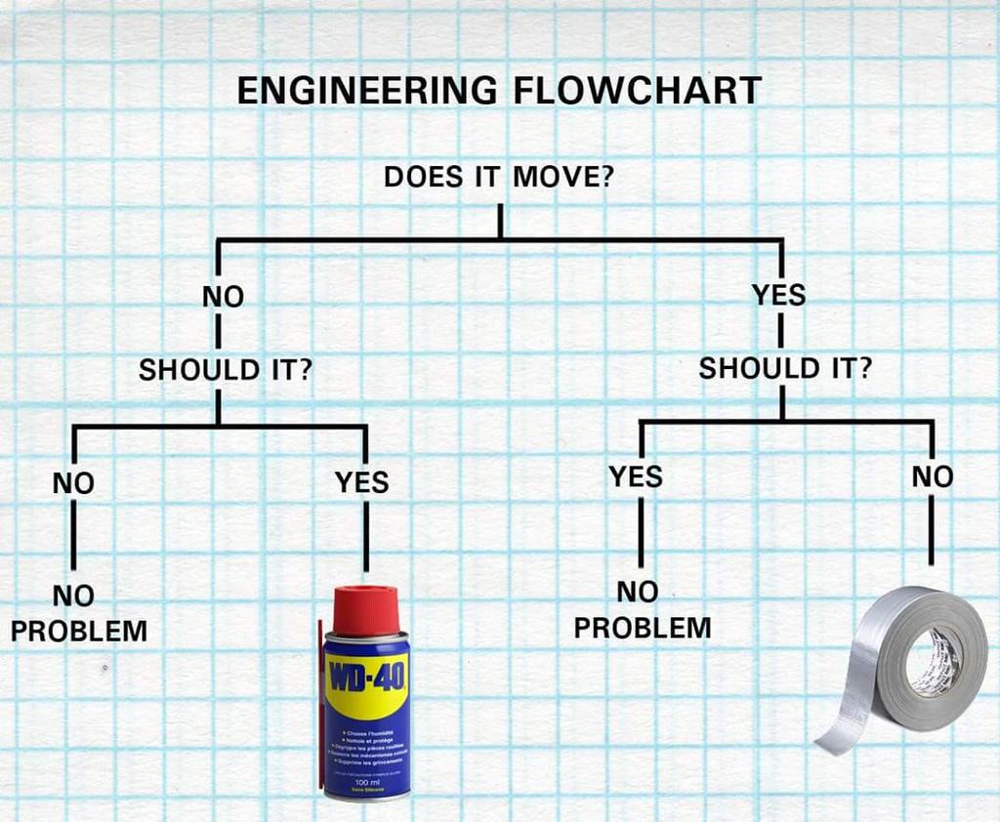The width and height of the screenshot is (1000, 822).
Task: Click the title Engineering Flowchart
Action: point(499,91)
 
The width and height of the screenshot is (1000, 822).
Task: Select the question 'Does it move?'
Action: point(498,178)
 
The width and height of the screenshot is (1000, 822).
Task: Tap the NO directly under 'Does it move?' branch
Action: point(223,297)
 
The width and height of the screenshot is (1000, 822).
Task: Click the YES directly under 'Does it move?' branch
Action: point(779,294)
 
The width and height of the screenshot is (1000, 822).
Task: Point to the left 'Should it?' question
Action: point(226,371)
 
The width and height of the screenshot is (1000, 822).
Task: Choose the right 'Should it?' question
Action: point(785,368)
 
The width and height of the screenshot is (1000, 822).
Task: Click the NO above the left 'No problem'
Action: point(73,482)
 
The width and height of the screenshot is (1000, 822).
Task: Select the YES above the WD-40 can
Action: point(362,482)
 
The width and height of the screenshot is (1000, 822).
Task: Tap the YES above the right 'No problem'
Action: point(636,476)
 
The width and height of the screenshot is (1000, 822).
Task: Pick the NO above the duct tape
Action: point(932,476)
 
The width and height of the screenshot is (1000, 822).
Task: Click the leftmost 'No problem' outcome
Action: point(78,613)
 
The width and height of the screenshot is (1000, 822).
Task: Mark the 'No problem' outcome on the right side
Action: point(642,610)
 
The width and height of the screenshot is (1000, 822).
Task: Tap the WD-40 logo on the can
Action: point(367,678)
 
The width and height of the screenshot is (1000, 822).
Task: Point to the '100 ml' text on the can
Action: point(367,782)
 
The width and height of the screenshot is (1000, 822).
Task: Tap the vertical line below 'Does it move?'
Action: point(499,220)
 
